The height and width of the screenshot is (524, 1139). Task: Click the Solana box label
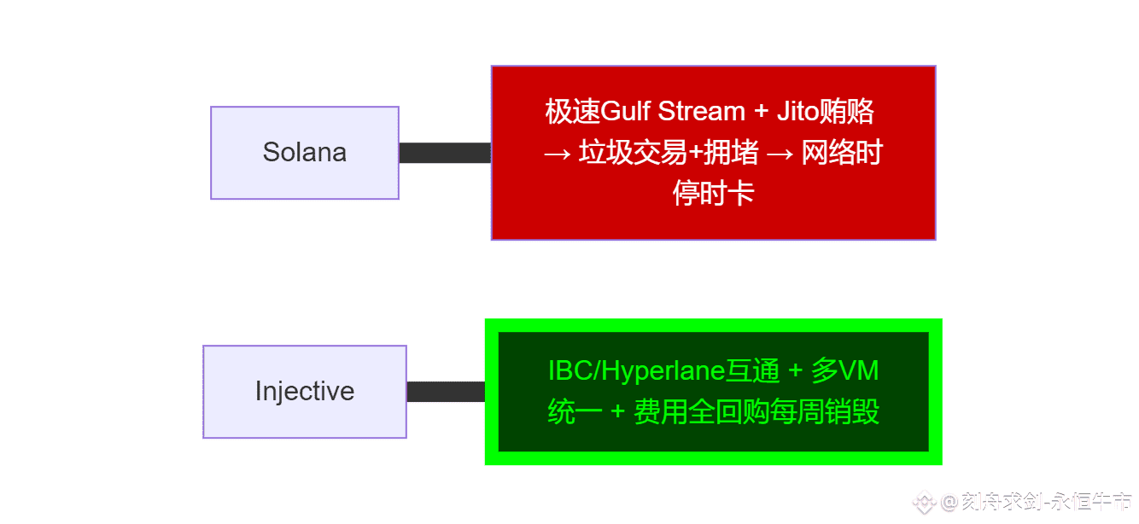(305, 153)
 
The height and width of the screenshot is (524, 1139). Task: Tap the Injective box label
(305, 392)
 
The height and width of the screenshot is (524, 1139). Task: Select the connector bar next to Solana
(445, 153)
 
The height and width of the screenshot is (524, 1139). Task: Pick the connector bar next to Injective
(446, 392)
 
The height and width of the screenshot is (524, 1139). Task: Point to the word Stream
(702, 111)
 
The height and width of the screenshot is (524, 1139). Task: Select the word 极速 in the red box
(573, 111)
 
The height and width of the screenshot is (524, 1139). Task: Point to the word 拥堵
(731, 152)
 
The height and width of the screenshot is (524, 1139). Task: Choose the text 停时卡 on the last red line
(713, 193)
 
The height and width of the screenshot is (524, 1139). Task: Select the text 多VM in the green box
(845, 370)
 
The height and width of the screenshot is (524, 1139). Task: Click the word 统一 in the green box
(575, 411)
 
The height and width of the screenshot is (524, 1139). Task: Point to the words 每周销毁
(825, 411)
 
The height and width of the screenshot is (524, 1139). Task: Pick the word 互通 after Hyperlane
(752, 370)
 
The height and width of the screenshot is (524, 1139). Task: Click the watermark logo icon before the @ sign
(924, 502)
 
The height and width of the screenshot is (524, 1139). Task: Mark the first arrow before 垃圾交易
(558, 154)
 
